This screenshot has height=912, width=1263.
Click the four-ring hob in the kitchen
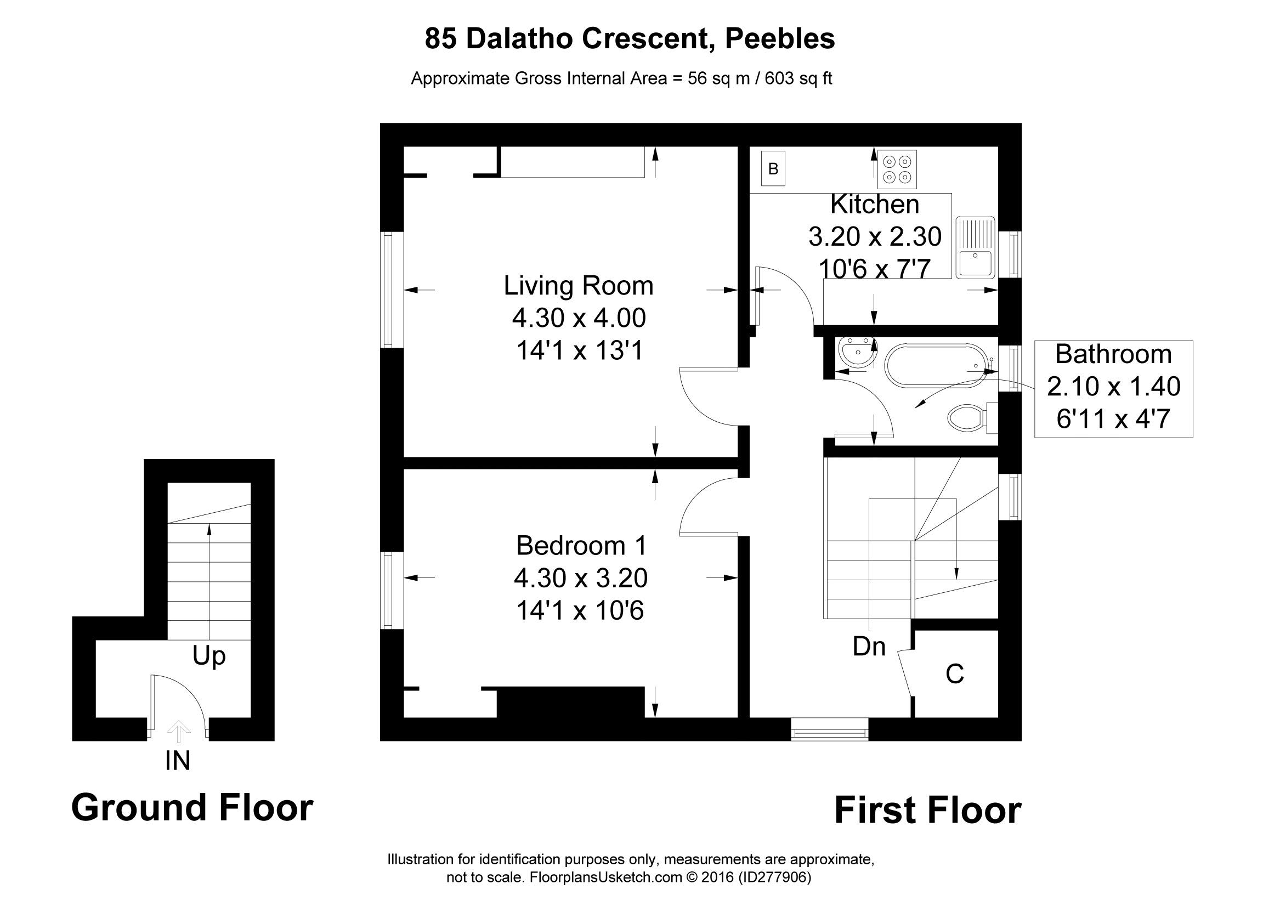(x=897, y=169)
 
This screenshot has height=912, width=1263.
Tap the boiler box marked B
(x=773, y=169)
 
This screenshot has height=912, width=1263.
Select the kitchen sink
(x=975, y=247)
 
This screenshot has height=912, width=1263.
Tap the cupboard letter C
(x=954, y=674)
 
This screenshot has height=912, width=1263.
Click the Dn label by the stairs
(x=869, y=647)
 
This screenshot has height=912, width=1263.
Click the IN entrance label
(x=178, y=761)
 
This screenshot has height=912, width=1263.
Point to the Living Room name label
(x=579, y=286)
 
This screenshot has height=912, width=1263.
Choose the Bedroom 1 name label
(x=581, y=546)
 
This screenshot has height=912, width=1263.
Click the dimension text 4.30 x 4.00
(x=579, y=318)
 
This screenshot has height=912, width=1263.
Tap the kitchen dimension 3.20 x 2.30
(x=875, y=236)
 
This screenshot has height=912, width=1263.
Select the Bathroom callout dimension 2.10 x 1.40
(x=1114, y=387)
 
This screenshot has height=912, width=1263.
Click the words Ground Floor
(x=192, y=808)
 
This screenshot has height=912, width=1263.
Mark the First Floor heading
(x=928, y=810)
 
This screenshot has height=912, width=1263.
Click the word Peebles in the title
(x=780, y=39)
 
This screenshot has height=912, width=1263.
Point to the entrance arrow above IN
(x=178, y=731)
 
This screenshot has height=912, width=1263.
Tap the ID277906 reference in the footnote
(x=774, y=877)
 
